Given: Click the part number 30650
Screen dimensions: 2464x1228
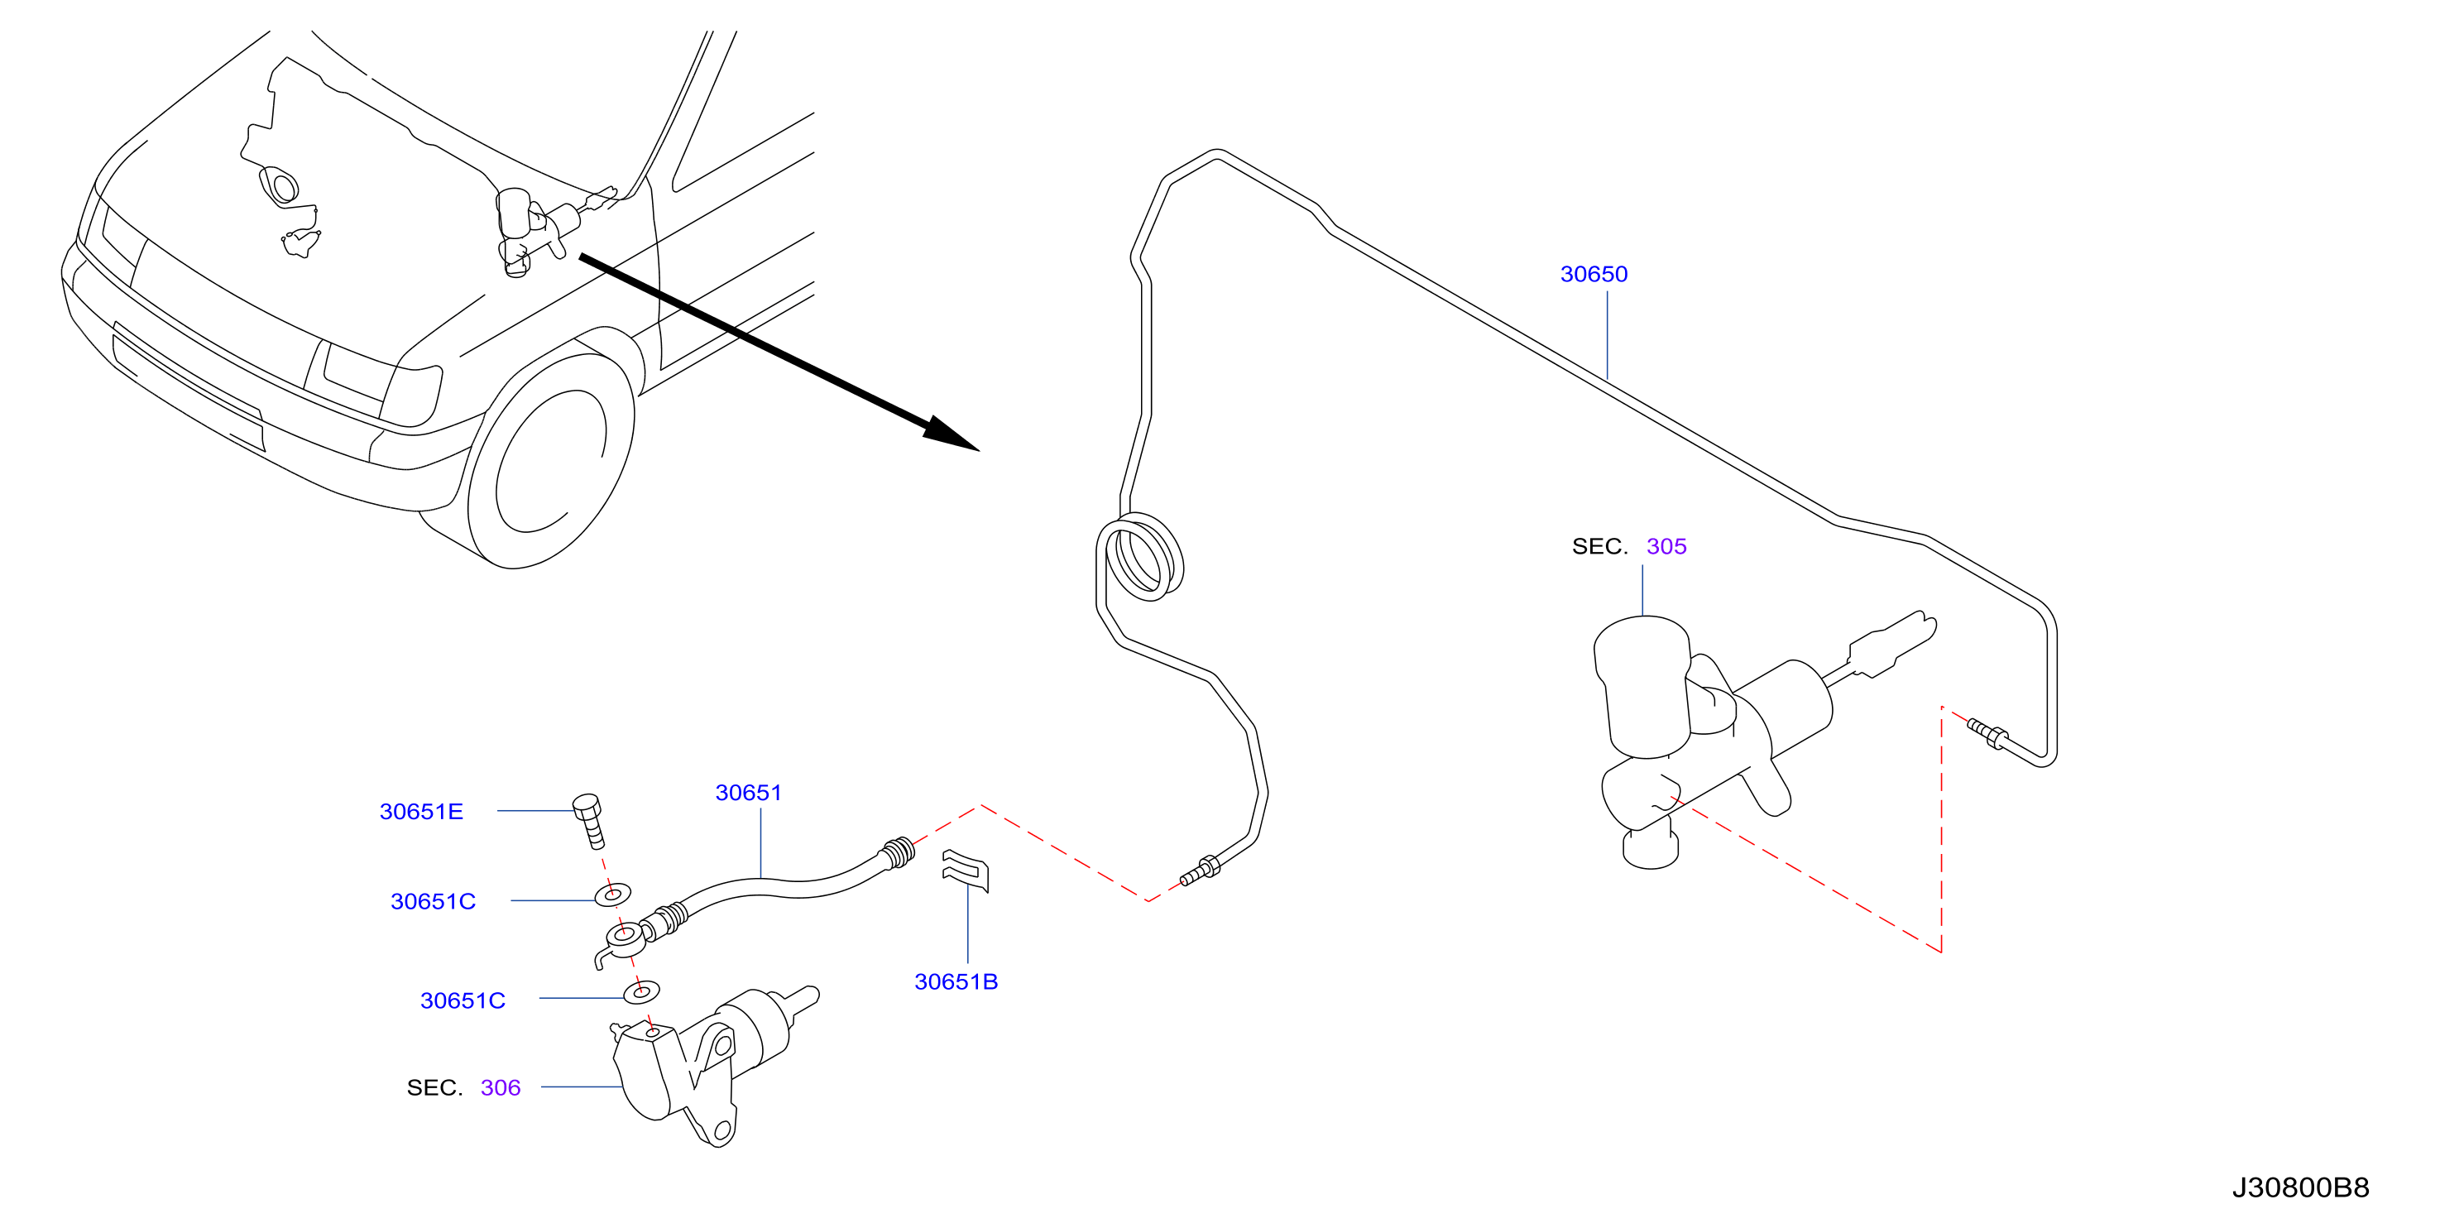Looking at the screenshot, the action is coord(1594,275).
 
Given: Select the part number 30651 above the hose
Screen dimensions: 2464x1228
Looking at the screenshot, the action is coord(749,793).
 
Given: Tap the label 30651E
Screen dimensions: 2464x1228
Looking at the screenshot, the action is coord(421,812).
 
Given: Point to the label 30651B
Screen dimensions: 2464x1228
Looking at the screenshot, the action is coord(956,982).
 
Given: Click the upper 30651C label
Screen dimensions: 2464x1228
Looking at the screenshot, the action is coord(434,902).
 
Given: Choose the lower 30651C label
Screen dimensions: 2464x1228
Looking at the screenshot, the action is coord(463,1001).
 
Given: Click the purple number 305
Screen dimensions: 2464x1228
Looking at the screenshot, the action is coord(1666,547).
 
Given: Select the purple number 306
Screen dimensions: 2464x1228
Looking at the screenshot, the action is coord(501,1088).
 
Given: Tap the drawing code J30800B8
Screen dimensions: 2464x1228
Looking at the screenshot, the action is coord(2300,1187).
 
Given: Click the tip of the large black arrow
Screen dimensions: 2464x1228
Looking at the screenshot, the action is coord(980,450).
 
